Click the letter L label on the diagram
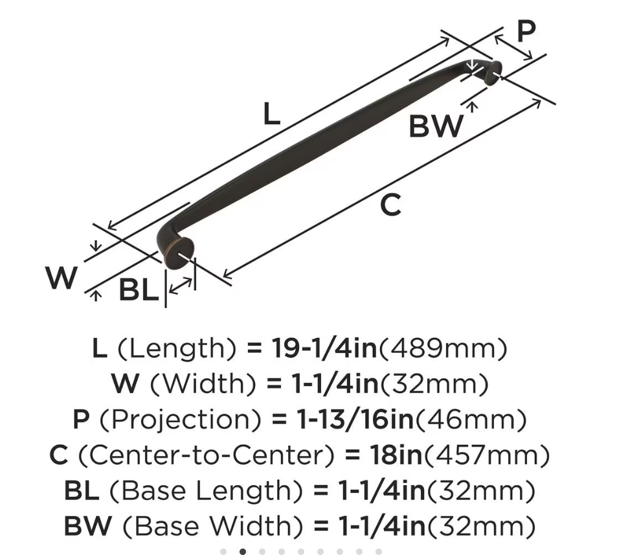(x=271, y=114)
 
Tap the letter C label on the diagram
(x=391, y=205)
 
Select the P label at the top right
(x=526, y=30)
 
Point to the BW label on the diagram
(x=436, y=126)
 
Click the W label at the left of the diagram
(x=61, y=277)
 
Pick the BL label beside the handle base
(x=139, y=289)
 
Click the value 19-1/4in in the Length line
(x=324, y=348)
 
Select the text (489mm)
(x=442, y=348)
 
